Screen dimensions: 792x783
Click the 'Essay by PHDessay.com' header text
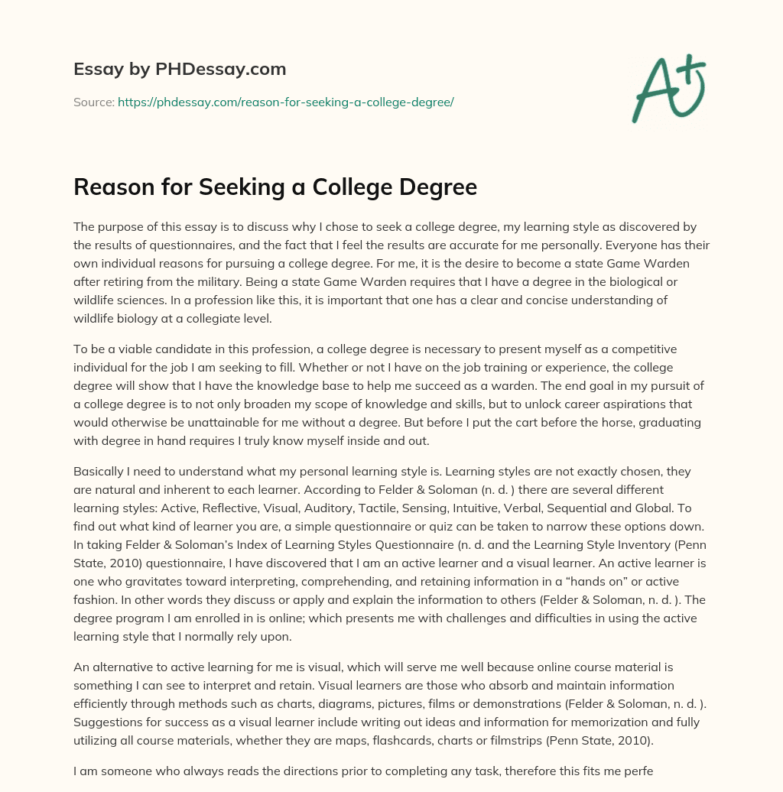pyautogui.click(x=180, y=70)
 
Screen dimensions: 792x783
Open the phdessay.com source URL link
pyautogui.click(x=285, y=102)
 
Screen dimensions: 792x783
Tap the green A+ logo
pyautogui.click(x=668, y=88)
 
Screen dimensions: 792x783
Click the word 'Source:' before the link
pyautogui.click(x=93, y=102)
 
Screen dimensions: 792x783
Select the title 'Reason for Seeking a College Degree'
pyautogui.click(x=275, y=188)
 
